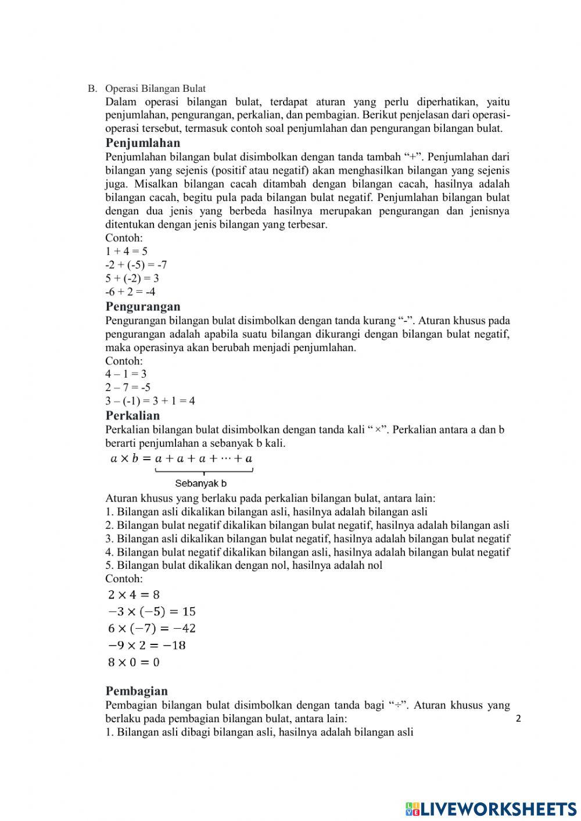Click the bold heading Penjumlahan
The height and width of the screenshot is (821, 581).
click(x=143, y=143)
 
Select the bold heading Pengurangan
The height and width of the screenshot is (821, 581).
click(x=143, y=306)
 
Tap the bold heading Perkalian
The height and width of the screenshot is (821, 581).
click(x=132, y=415)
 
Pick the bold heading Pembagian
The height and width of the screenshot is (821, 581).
click(x=137, y=691)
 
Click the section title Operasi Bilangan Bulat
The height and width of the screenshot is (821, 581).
click(x=155, y=89)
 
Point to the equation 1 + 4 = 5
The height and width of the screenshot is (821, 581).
click(x=126, y=252)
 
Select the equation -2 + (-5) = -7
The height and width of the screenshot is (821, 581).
click(x=136, y=265)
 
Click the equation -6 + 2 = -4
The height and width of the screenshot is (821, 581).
click(x=130, y=292)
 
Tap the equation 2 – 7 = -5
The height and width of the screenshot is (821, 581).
click(x=128, y=387)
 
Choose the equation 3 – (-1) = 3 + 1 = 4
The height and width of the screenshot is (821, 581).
click(x=150, y=401)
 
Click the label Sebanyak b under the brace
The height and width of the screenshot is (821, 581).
click(x=201, y=483)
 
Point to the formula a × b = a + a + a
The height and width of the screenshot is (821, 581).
click(x=181, y=458)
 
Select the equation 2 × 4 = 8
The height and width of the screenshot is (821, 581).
click(x=134, y=594)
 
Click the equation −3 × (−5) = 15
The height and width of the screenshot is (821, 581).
click(x=152, y=611)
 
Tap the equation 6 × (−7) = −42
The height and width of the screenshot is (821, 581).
click(x=152, y=628)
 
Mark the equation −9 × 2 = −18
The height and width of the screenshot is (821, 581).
click(x=147, y=645)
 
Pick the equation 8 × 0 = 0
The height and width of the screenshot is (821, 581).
click(x=134, y=662)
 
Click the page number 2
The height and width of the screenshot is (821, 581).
click(x=518, y=719)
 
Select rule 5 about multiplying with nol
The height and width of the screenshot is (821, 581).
click(x=244, y=565)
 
